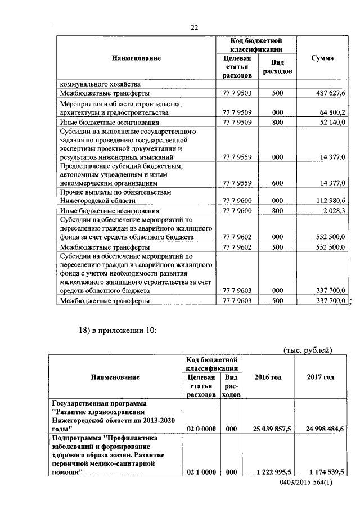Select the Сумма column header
322,58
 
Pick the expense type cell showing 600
277,183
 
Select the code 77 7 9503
237,93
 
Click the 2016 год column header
268,377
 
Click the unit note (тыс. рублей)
307,350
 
